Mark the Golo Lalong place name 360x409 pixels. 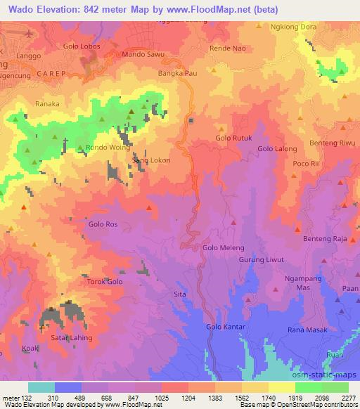click(276, 149)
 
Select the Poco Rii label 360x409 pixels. click(307, 163)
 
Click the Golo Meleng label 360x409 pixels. click(223, 248)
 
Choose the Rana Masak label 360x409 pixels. click(304, 330)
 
